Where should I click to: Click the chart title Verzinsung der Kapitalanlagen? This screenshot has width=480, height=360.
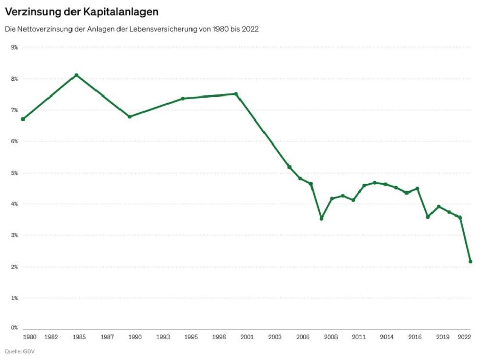[x=81, y=11]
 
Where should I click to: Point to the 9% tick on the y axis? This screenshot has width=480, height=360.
[x=14, y=47]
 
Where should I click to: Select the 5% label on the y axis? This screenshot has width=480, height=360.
[x=14, y=173]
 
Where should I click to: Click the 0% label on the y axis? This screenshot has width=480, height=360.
[x=14, y=328]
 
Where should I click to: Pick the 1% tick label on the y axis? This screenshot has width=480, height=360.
[x=14, y=298]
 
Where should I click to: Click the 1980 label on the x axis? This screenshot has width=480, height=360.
[x=30, y=337]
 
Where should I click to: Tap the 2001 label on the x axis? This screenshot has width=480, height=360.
[x=247, y=337]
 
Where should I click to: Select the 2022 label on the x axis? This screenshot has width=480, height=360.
[x=464, y=337]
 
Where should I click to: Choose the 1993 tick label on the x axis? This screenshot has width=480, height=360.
[x=163, y=337]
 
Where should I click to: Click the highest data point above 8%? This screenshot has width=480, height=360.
[x=76, y=75]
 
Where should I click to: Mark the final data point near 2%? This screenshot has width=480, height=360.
[x=471, y=262]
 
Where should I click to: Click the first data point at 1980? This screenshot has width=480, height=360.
[x=23, y=119]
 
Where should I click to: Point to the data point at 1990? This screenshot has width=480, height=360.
[x=129, y=117]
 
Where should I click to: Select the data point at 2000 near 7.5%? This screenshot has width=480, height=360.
[x=236, y=94]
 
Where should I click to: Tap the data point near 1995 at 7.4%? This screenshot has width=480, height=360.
[x=183, y=98]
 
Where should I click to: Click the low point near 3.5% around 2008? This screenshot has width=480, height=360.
[x=321, y=219]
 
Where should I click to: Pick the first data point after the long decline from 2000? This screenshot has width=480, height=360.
[x=290, y=167]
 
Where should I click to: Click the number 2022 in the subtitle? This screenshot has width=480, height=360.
[x=250, y=29]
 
